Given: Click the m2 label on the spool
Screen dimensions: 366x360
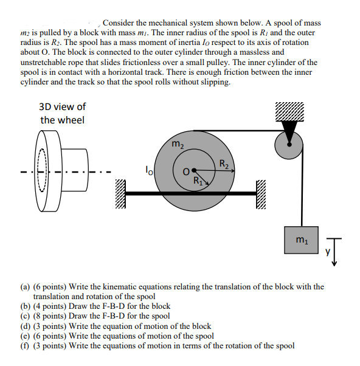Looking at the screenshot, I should click(x=177, y=145).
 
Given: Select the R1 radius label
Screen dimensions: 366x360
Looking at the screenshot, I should click(x=198, y=179).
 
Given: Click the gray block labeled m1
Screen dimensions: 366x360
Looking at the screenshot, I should click(x=300, y=240).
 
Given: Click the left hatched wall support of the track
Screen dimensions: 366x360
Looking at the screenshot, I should click(x=120, y=194).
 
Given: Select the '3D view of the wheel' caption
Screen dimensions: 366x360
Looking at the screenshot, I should click(x=63, y=113).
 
